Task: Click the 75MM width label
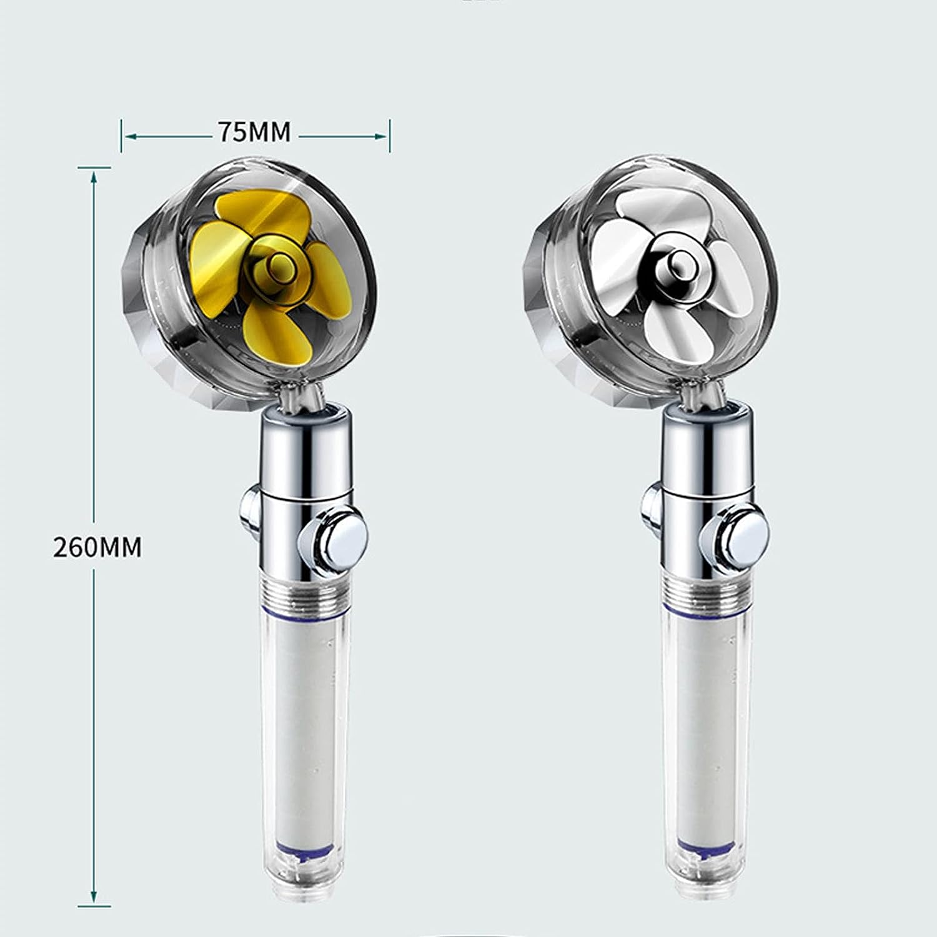point(254,132)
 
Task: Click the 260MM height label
point(97,546)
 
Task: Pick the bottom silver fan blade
point(672,328)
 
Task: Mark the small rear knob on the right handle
point(651,504)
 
